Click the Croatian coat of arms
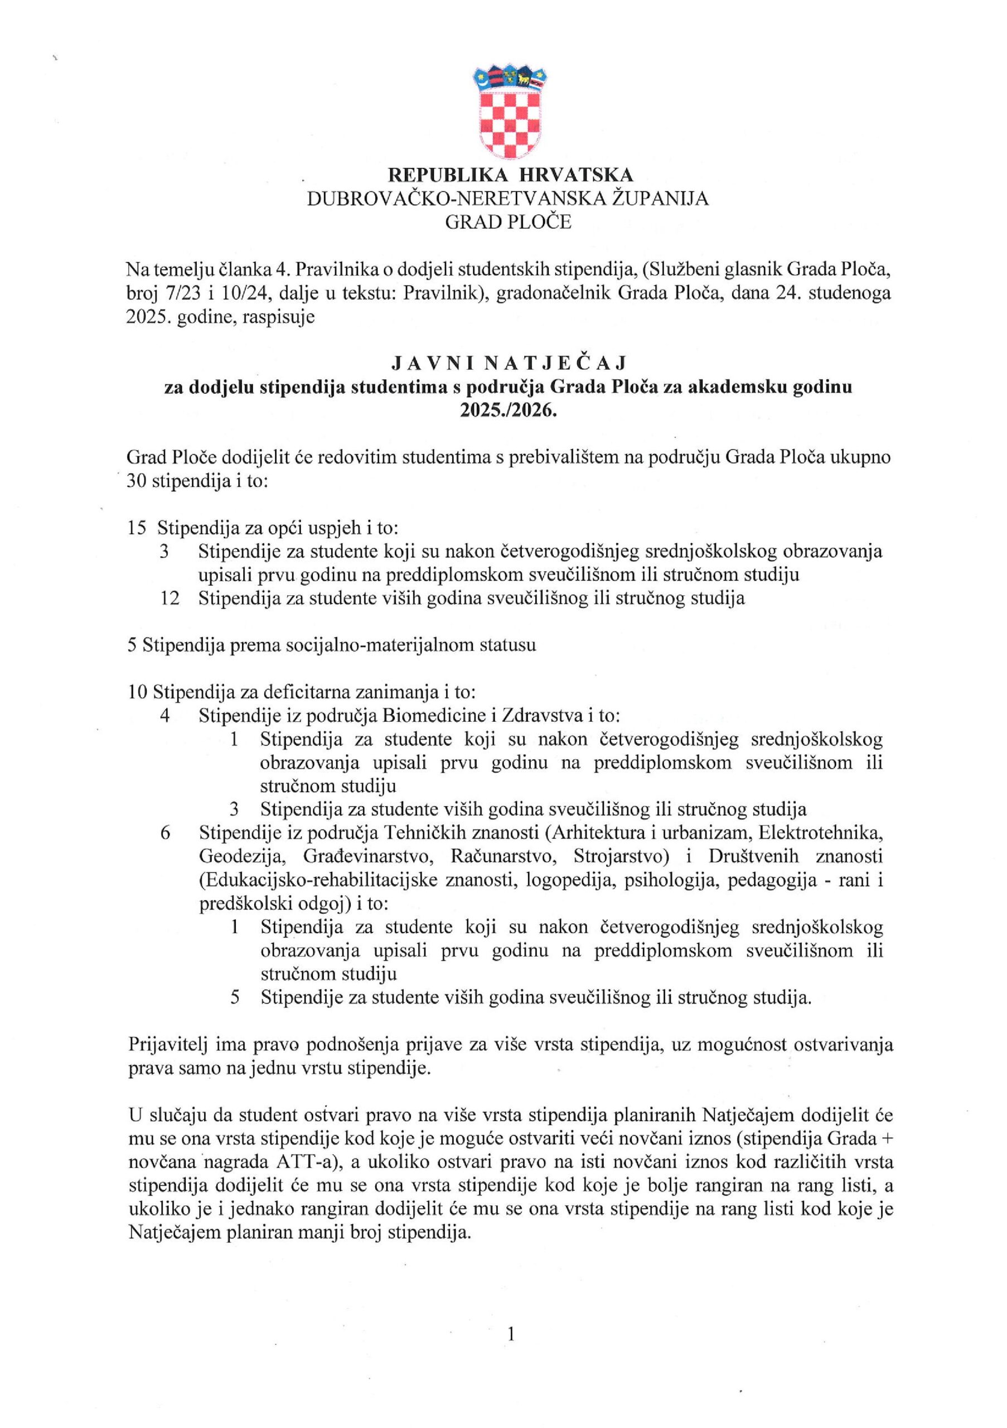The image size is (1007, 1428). pos(509,114)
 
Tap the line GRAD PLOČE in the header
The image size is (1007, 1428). pos(509,221)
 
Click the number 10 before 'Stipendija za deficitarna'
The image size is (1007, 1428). pos(137,692)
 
